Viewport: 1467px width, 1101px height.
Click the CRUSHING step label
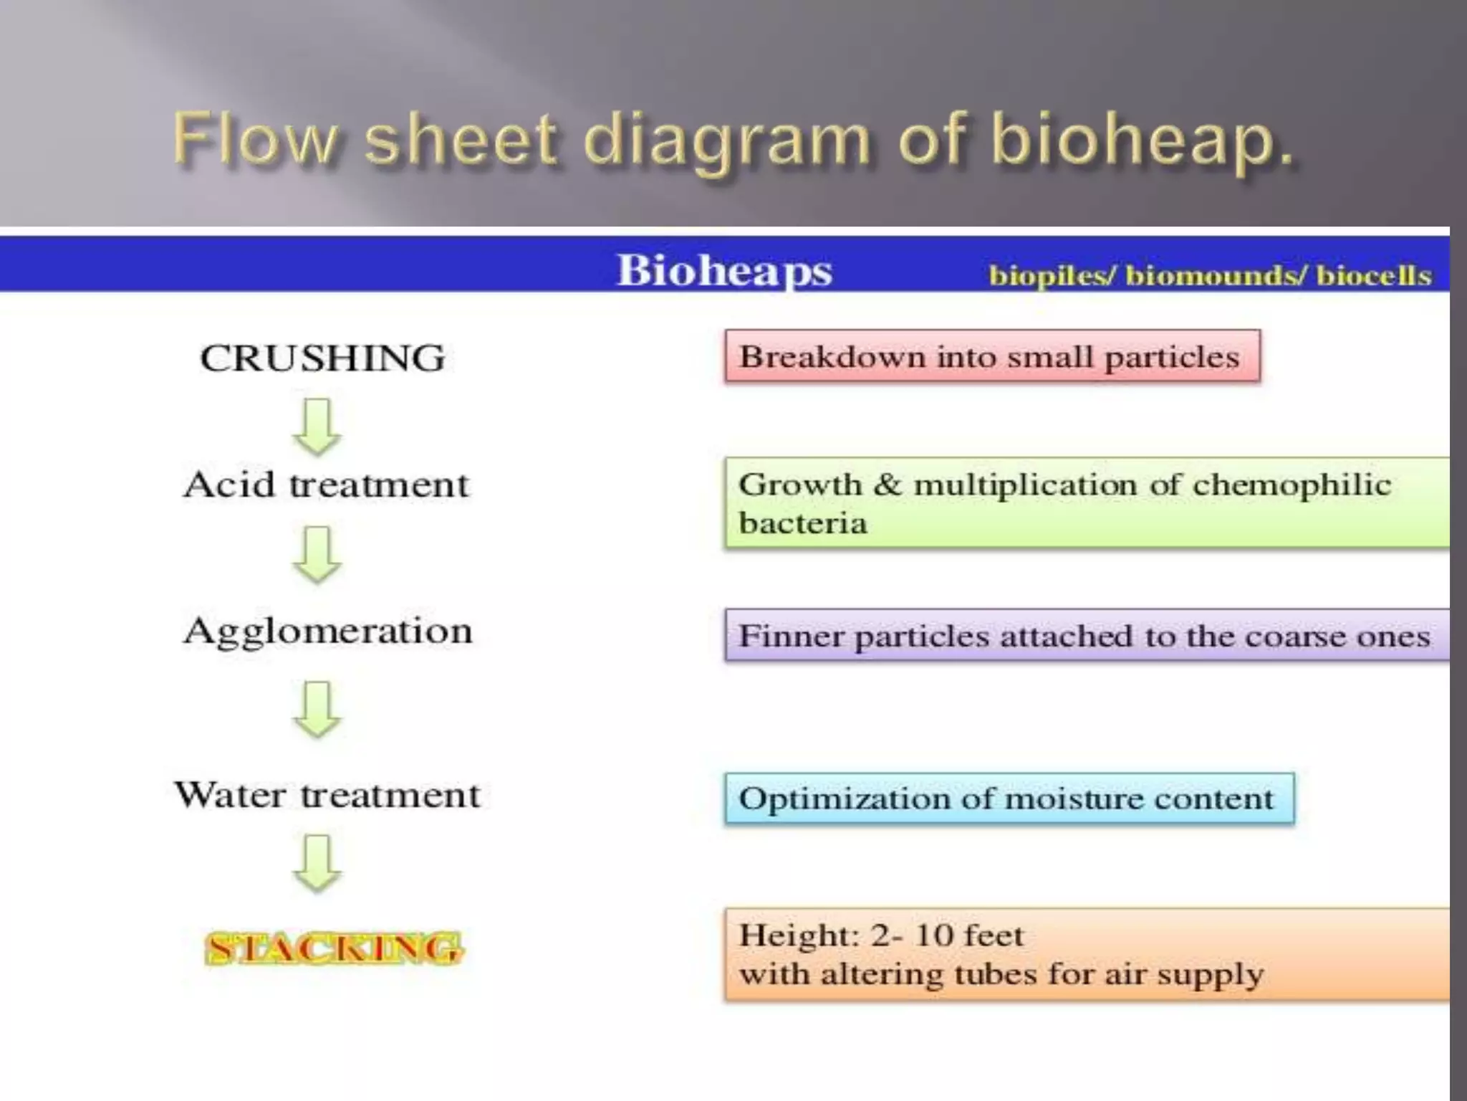[x=322, y=358]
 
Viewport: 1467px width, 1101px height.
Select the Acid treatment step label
[x=326, y=485]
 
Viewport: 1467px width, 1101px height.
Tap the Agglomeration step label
[x=328, y=631]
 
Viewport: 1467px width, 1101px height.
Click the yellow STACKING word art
[x=334, y=948]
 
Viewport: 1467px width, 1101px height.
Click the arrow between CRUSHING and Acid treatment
[x=317, y=427]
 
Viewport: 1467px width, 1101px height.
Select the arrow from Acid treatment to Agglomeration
[x=317, y=555]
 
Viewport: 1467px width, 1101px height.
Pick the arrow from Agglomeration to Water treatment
[x=317, y=710]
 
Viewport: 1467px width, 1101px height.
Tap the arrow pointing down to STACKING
[x=317, y=863]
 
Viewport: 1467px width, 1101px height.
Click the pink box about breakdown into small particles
[x=992, y=356]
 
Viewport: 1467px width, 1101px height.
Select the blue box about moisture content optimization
[x=1009, y=799]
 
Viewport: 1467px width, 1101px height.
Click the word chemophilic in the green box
[x=1292, y=485]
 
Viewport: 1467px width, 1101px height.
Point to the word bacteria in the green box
[x=803, y=523]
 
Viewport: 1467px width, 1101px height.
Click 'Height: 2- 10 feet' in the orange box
[x=881, y=935]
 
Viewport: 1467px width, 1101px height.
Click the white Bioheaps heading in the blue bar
[x=724, y=271]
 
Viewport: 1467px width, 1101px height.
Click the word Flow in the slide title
[x=254, y=139]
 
